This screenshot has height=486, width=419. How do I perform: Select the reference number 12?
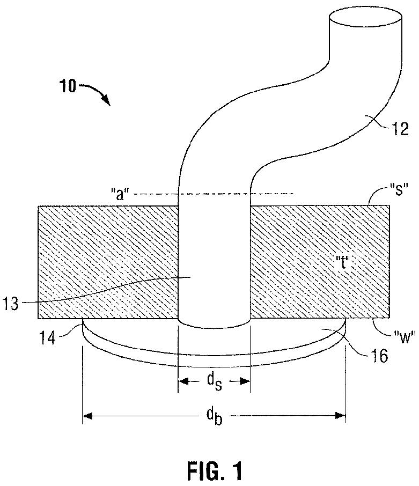pyautogui.click(x=401, y=129)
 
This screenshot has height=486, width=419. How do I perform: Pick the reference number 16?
pyautogui.click(x=379, y=355)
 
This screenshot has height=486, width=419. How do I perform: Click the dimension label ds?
pyautogui.click(x=215, y=382)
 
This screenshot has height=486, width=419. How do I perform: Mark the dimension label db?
pyautogui.click(x=214, y=416)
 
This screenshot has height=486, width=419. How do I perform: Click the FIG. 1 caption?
pyautogui.click(x=215, y=470)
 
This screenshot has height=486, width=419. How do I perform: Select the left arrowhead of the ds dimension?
pyautogui.click(x=182, y=381)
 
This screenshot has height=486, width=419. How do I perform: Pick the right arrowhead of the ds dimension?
pyautogui.click(x=246, y=381)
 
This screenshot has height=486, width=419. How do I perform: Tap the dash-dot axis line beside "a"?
pyautogui.click(x=274, y=193)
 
